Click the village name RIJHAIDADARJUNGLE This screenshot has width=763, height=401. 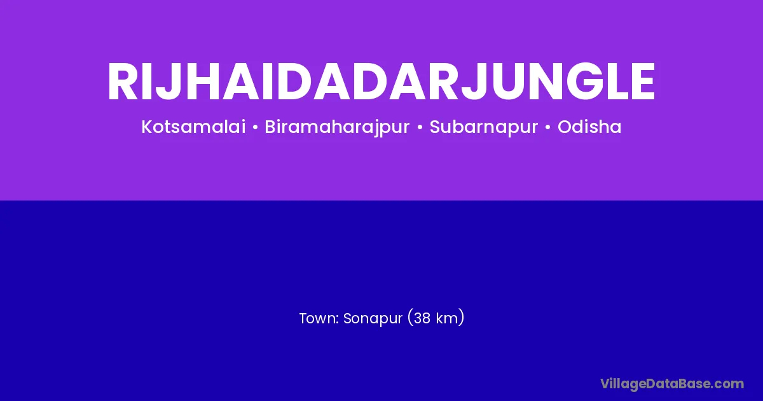click(x=381, y=81)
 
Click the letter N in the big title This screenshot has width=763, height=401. click(x=542, y=81)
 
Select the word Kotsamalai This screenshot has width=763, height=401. click(x=193, y=127)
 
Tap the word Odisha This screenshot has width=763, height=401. click(x=589, y=127)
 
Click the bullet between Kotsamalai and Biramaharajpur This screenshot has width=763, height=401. click(x=255, y=127)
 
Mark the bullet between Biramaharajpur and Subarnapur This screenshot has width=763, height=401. click(x=420, y=127)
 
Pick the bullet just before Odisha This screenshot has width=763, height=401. click(x=547, y=127)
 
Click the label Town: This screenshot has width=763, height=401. click(x=319, y=318)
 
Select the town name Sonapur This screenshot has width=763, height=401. click(x=373, y=319)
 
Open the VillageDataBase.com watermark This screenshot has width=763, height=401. click(x=672, y=384)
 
